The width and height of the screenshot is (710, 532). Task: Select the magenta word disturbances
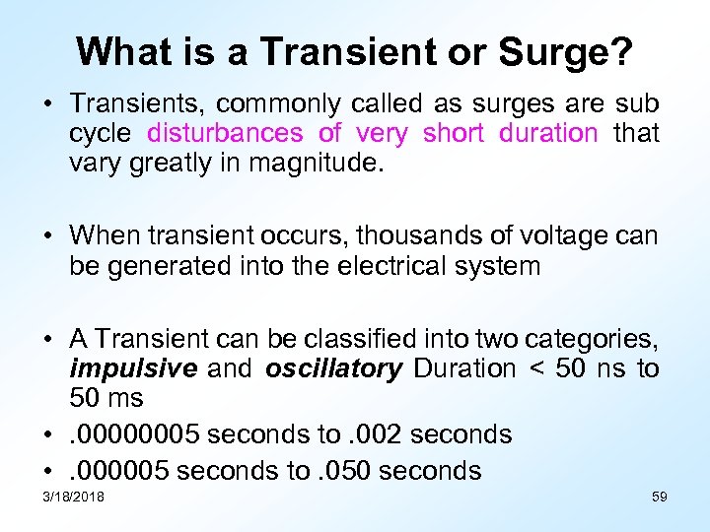226,133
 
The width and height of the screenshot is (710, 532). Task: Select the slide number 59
660,498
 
